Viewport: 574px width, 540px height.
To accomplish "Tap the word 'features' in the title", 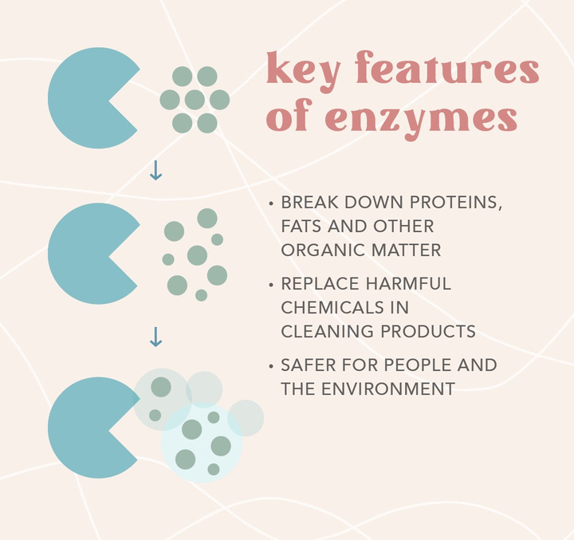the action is click(447, 67).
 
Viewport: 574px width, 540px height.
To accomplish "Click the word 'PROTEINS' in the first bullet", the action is click(455, 203).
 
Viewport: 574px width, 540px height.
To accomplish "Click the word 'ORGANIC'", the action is click(323, 250).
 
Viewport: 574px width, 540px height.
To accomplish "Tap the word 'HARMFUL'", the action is click(408, 283).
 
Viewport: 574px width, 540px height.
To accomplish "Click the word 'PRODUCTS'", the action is click(428, 331).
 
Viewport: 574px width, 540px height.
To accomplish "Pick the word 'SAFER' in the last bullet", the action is click(309, 365).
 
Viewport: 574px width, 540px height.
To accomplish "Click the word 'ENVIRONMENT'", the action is click(388, 388).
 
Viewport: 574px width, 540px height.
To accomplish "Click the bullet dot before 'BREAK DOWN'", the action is click(271, 203).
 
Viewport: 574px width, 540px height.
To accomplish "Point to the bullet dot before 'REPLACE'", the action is click(271, 285).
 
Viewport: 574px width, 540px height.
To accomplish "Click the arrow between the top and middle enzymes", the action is click(155, 171).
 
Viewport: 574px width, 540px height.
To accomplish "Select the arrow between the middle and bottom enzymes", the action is click(155, 337).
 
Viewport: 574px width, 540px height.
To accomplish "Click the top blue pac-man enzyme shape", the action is click(85, 98).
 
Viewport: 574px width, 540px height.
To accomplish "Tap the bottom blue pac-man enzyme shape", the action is click(85, 428).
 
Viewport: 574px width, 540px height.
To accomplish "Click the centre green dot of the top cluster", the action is click(195, 100).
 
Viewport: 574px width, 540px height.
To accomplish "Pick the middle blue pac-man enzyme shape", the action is click(85, 254).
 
